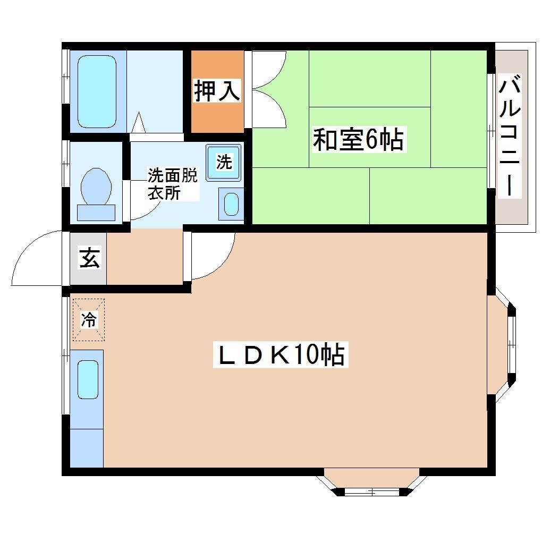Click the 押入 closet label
217,90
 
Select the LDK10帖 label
281,355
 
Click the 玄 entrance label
89,259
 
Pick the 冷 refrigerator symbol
89,319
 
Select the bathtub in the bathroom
97,91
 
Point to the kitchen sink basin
88,379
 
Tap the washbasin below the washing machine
231,204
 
